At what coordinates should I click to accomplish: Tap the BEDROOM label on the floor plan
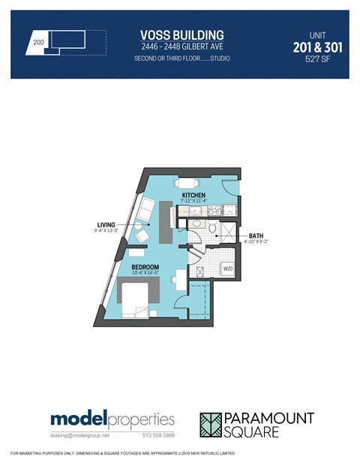pos(145,266)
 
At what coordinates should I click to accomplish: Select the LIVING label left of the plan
pos(106,224)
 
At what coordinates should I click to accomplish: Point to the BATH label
pos(255,236)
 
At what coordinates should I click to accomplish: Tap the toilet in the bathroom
pos(212,229)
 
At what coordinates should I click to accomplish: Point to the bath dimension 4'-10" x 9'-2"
pos(255,242)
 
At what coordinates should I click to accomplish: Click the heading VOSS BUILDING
pos(182,35)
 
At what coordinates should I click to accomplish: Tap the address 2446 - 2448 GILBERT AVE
pos(182,47)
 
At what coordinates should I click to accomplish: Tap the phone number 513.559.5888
pos(154,436)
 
